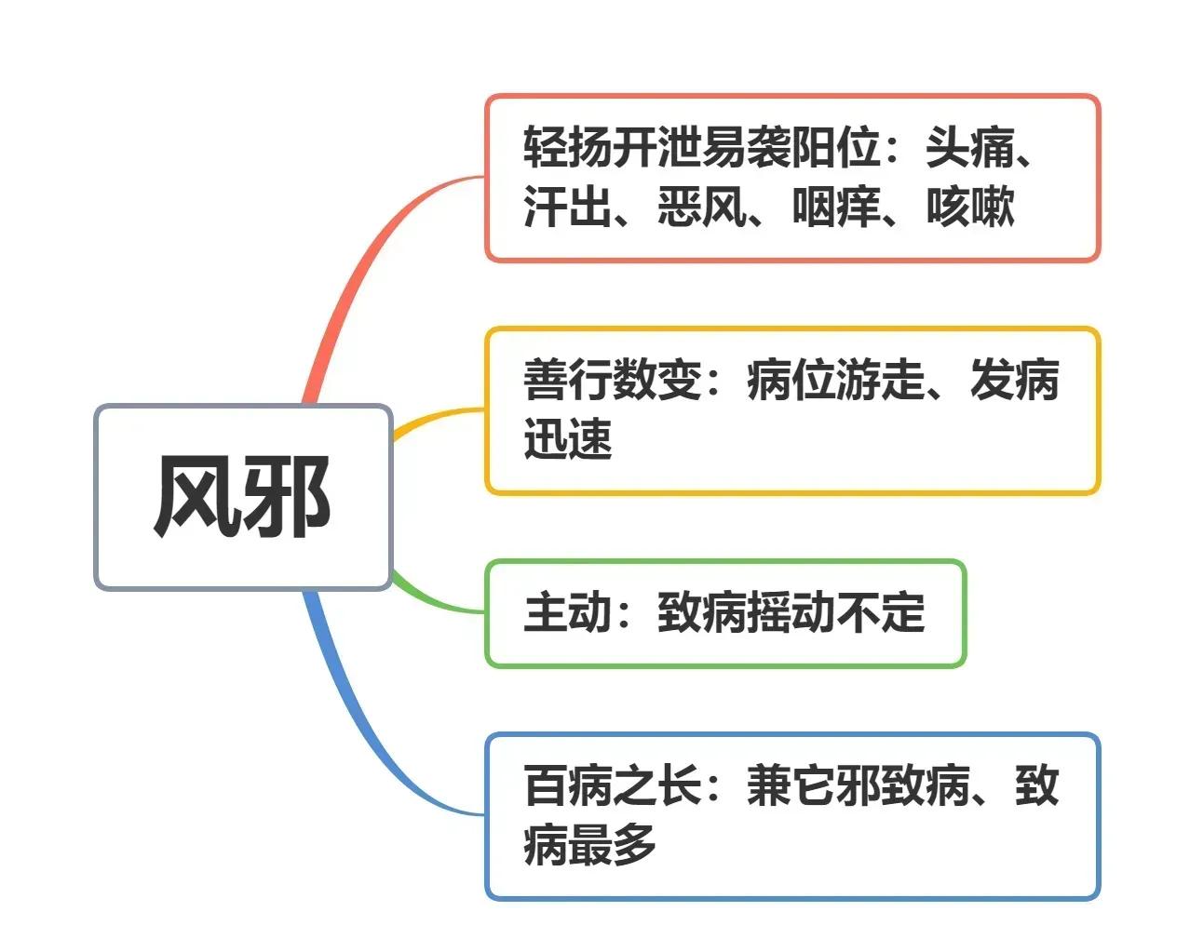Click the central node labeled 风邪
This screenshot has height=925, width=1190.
click(243, 497)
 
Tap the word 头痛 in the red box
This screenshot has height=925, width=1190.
click(970, 148)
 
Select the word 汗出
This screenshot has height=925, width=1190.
click(567, 207)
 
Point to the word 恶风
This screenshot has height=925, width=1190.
click(701, 207)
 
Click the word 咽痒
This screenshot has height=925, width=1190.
click(835, 207)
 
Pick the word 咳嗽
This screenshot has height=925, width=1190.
click(970, 207)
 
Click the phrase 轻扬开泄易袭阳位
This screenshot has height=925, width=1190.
click(701, 148)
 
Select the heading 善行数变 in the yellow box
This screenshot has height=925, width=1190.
click(613, 380)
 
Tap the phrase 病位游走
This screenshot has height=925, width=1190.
click(835, 380)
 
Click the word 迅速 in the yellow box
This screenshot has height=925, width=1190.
click(567, 439)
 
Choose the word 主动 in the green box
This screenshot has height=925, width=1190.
click(567, 612)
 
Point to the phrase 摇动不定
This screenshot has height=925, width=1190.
click(835, 612)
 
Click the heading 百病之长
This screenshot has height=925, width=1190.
click(613, 785)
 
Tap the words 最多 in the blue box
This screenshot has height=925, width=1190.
click(613, 845)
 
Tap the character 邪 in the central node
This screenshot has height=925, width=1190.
click(287, 497)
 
